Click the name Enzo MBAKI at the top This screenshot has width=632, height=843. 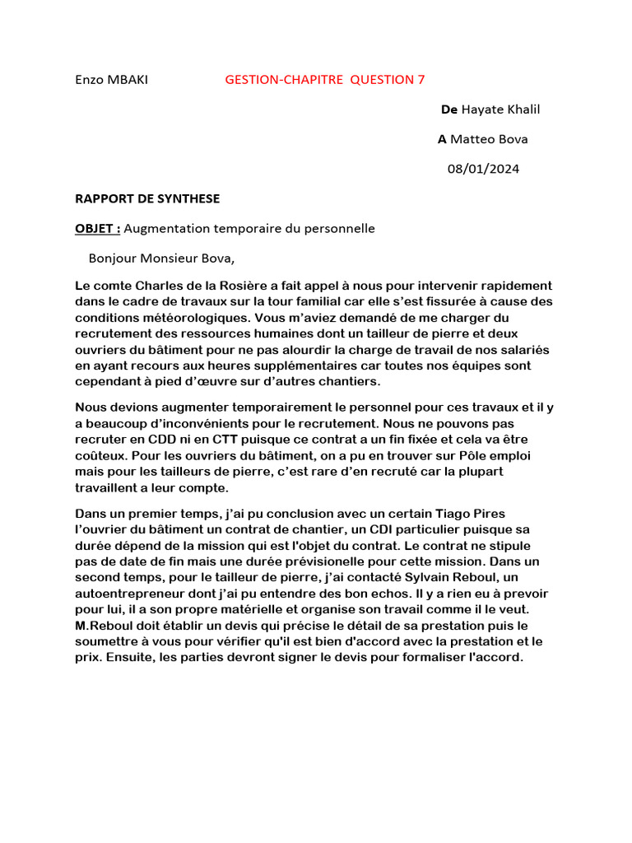(112, 80)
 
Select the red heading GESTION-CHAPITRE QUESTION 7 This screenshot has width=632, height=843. (325, 80)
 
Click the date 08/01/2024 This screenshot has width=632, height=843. (483, 169)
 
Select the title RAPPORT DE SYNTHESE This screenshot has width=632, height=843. (147, 198)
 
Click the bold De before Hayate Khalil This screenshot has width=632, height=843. (448, 109)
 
